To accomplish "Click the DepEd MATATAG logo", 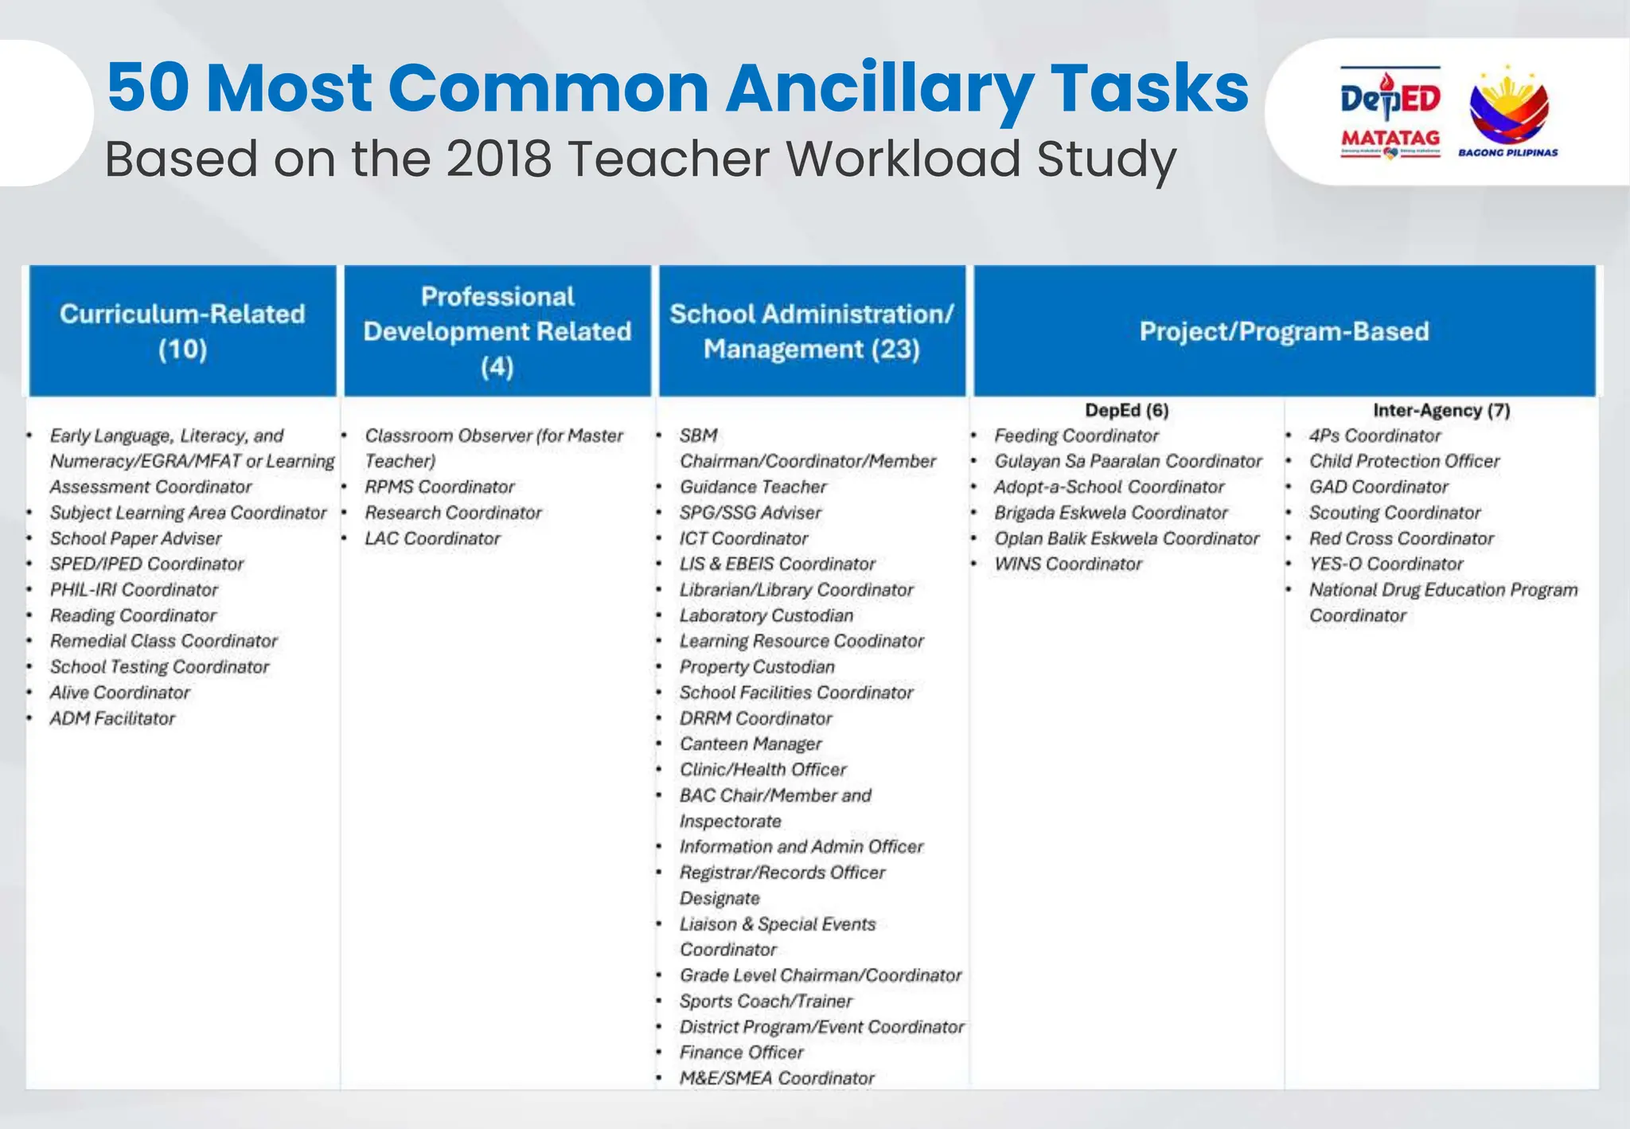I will pos(1390,112).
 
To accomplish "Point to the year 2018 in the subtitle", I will pos(498,158).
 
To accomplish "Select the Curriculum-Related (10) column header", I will pos(182,331).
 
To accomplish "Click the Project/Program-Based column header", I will pos(1284,331).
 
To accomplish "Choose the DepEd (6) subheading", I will pos(1126,411).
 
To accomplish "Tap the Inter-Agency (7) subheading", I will pos(1441,411).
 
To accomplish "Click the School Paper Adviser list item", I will pos(135,539).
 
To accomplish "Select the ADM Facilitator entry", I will pos(112,719).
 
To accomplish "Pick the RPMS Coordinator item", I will pos(439,487).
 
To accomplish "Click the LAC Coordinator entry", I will pos(432,539).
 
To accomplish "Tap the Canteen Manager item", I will pos(750,744).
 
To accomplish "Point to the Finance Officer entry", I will pos(741,1053).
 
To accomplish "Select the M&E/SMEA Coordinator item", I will pos(777,1078).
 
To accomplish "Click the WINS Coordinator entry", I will pos(1067,564).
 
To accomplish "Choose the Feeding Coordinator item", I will pos(1076,436).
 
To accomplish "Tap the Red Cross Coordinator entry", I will pos(1401,539).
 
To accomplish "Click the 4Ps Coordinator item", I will pos(1375,436).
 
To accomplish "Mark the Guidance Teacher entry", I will pos(753,487).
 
